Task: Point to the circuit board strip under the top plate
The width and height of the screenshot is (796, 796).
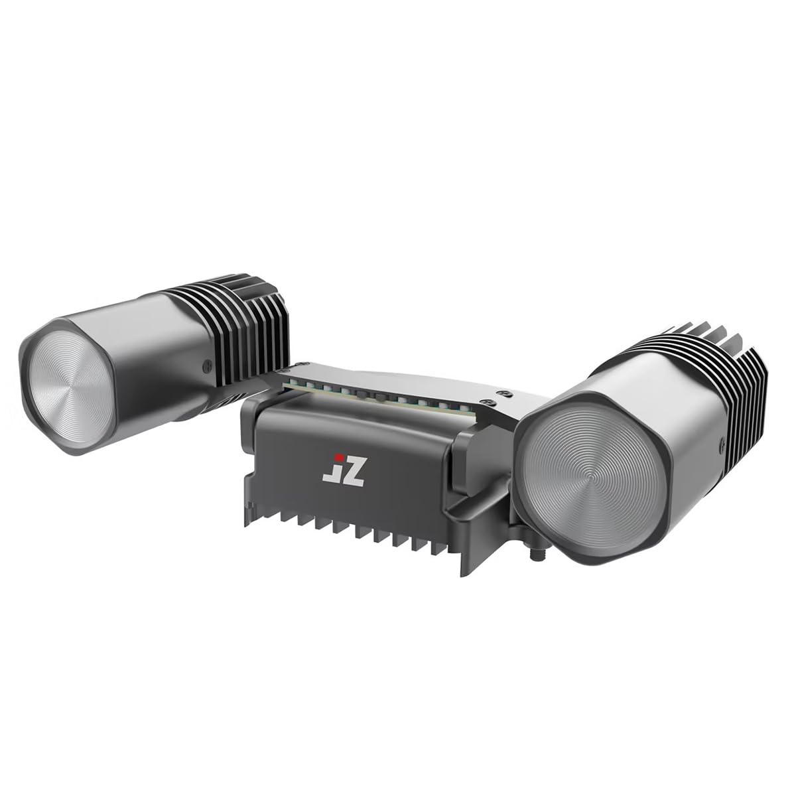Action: (x=378, y=395)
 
